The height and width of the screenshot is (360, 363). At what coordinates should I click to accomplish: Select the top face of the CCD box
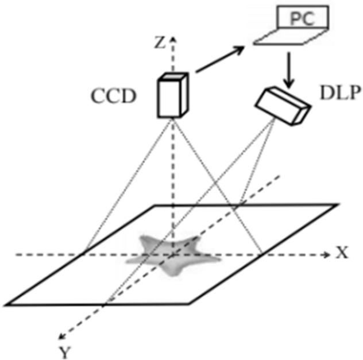click(173, 78)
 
